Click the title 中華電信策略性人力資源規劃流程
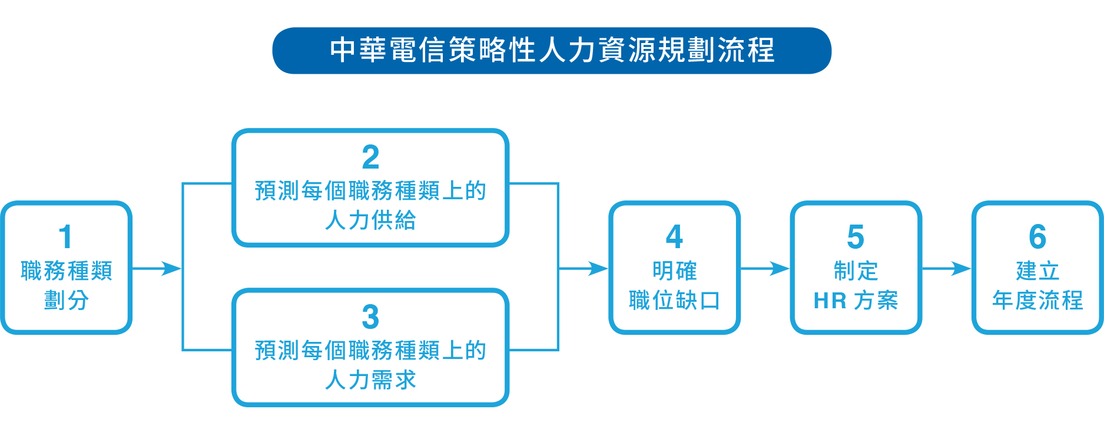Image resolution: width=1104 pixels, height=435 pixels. click(552, 50)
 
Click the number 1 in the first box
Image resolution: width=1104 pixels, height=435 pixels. click(65, 237)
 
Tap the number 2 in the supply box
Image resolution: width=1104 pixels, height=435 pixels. click(370, 157)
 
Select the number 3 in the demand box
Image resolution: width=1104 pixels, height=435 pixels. click(370, 317)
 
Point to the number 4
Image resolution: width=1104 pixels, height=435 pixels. click(674, 237)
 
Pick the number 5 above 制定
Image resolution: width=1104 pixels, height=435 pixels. click(856, 237)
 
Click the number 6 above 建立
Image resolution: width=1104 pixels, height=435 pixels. click(1037, 237)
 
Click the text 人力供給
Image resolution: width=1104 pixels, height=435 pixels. click(370, 220)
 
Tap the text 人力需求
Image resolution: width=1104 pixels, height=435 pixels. click(370, 380)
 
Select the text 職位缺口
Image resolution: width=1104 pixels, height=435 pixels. click(674, 301)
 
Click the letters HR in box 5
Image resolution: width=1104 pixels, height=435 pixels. click(830, 301)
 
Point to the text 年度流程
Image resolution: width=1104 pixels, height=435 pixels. click(1037, 301)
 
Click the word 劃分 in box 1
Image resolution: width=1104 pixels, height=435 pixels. click(66, 301)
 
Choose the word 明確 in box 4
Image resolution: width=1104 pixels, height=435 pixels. click(674, 271)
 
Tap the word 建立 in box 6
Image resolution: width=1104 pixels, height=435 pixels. click(1037, 271)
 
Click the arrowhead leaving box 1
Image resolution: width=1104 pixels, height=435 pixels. click(171, 269)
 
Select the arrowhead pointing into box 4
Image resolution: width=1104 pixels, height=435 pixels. click(598, 269)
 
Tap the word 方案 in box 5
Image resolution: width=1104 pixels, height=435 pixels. click(876, 301)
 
